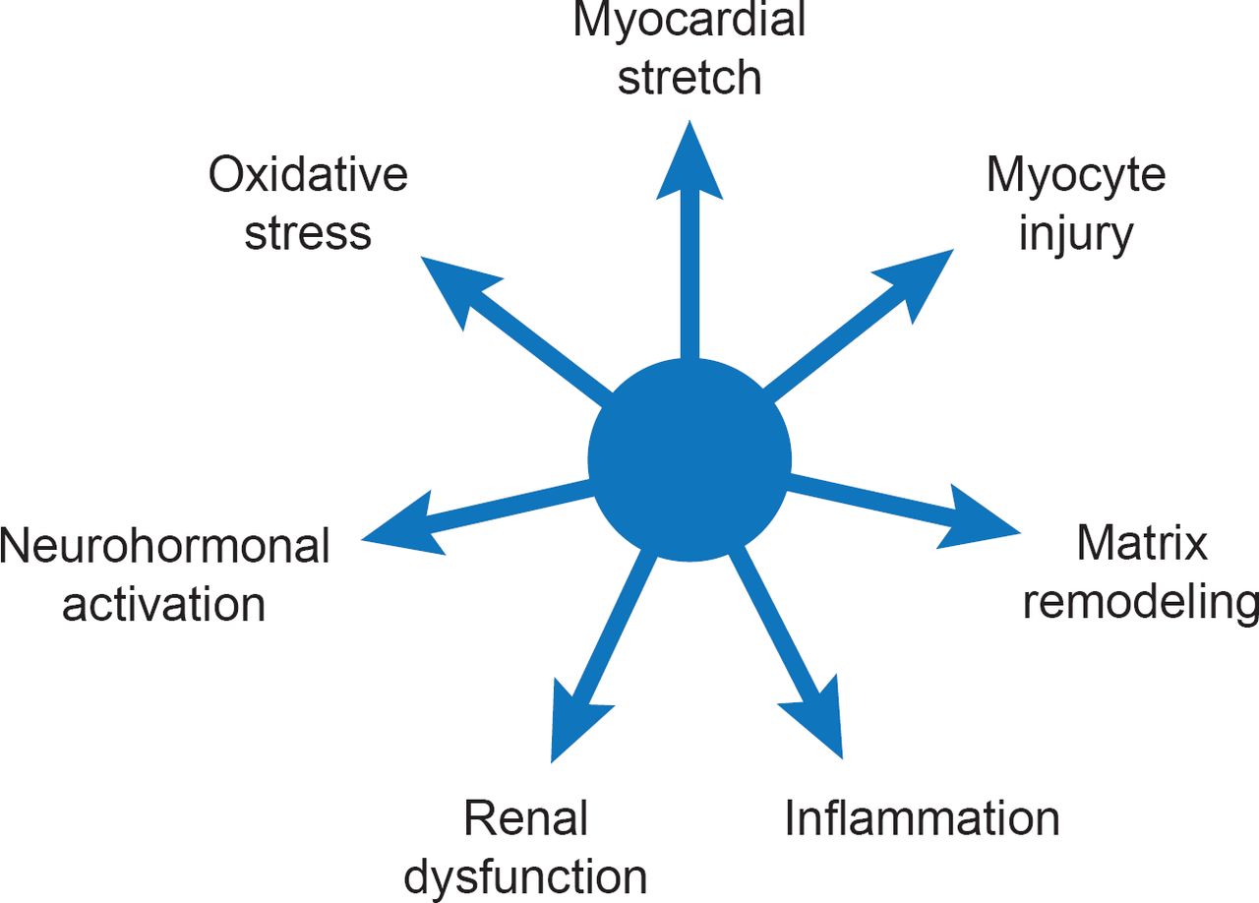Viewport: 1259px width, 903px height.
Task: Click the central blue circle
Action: pos(689,459)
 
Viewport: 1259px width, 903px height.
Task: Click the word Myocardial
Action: pos(689,22)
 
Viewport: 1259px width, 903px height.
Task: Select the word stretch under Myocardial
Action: pos(689,79)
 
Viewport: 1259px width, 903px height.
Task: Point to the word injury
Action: pos(1076,234)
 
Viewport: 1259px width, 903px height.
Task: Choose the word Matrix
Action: pos(1141,542)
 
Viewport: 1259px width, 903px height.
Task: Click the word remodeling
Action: pos(1141,602)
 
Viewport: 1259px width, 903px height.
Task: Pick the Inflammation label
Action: pos(922,818)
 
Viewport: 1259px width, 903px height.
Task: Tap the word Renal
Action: pos(526,818)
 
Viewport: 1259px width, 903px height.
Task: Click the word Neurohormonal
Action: pos(164,546)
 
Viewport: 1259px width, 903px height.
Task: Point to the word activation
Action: pos(164,603)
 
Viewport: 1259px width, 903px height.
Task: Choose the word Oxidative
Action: pos(308,176)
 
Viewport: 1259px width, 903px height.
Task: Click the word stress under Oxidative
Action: pos(308,233)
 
